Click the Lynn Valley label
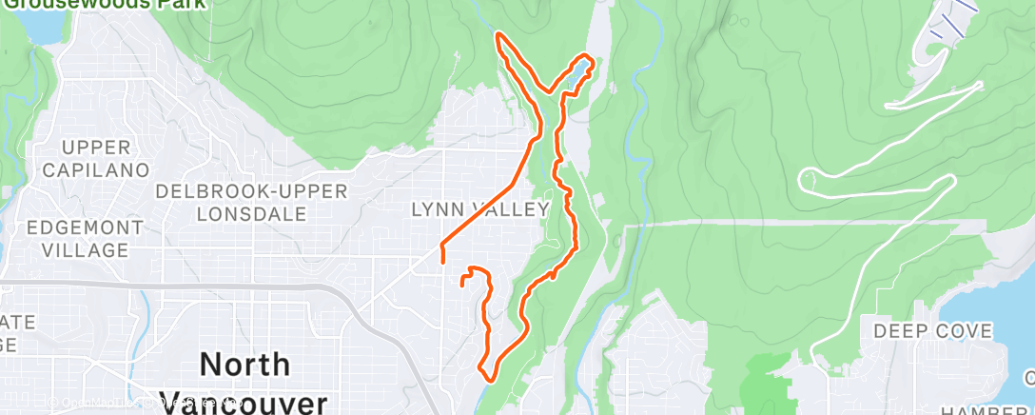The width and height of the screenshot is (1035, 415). click(x=480, y=208)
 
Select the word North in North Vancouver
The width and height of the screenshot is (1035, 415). click(x=244, y=365)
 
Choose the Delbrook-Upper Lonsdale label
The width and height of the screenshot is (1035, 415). click(x=251, y=201)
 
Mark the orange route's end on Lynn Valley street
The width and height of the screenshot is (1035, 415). click(x=443, y=256)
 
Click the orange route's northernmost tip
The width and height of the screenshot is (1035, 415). click(x=498, y=36)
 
